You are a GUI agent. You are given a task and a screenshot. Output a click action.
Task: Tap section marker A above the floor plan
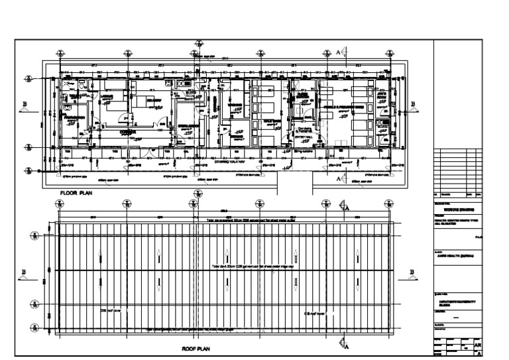[x=340, y=52]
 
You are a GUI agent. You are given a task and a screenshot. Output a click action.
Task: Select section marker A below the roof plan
[x=343, y=342]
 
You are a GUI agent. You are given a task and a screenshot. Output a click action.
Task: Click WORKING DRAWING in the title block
[x=459, y=208]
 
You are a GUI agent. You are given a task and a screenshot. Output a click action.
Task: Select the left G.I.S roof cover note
[x=110, y=310]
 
